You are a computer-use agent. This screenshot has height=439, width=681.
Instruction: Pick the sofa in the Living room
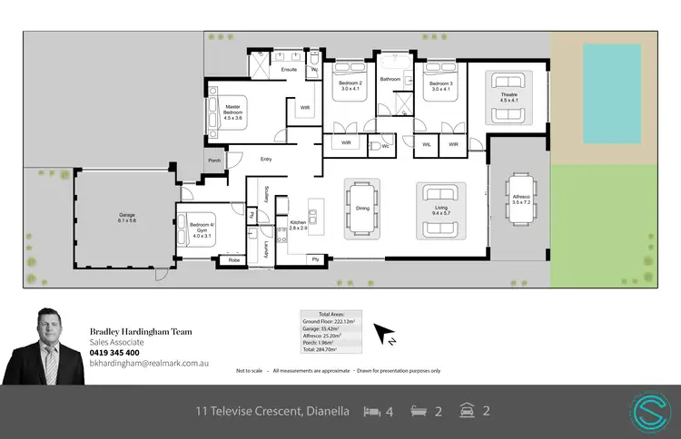point(441,193)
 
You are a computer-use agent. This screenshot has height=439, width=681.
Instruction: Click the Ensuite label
point(290,69)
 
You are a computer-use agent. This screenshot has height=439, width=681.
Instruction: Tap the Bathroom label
point(390,79)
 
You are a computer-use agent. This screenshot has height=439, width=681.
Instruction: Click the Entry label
point(266,160)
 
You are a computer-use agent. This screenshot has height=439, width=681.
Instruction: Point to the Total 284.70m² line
point(330,347)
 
